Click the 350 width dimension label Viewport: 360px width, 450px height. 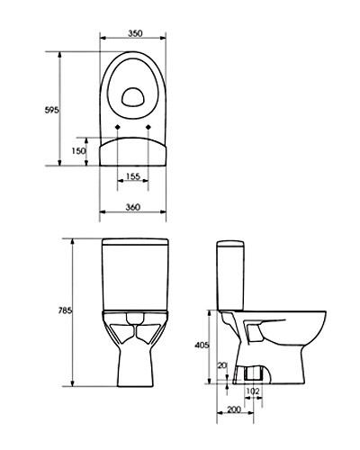pos(135,32)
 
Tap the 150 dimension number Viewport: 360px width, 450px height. pos(79,151)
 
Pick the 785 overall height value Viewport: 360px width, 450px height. pos(64,311)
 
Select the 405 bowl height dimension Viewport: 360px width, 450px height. pos(202,344)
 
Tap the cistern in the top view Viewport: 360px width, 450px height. pos(134,151)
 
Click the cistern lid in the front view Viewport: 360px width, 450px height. pos(134,244)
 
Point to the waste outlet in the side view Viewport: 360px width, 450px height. pos(253,373)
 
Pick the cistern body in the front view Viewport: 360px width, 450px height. pos(134,279)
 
